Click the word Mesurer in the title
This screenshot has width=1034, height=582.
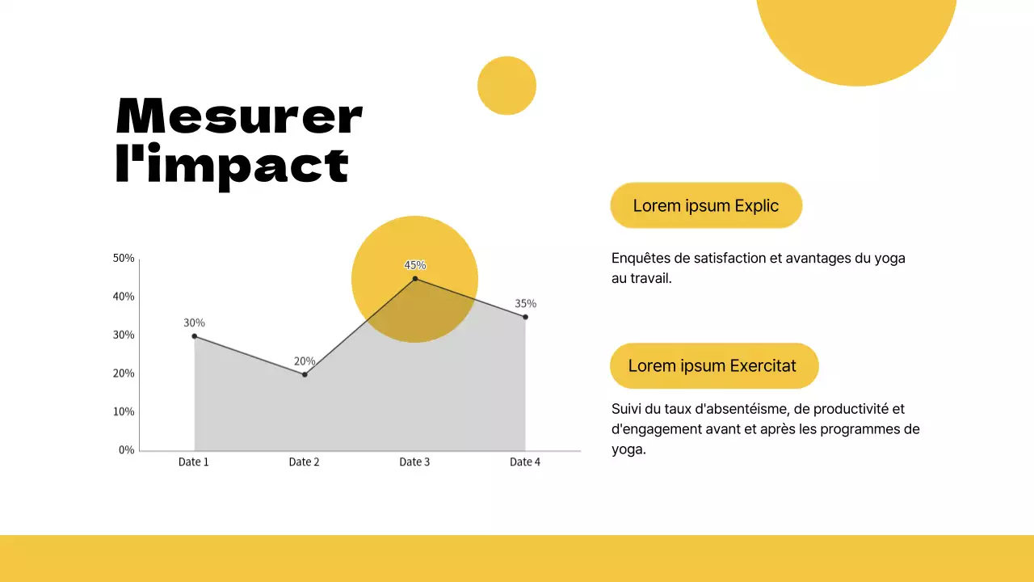pyautogui.click(x=239, y=116)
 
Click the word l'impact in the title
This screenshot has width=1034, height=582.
pyautogui.click(x=233, y=166)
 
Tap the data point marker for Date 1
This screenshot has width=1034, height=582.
pyautogui.click(x=195, y=335)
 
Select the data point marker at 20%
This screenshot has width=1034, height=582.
pyautogui.click(x=305, y=374)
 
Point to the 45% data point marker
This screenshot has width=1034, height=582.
pyautogui.click(x=415, y=279)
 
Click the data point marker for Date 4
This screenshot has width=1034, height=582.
pyautogui.click(x=525, y=317)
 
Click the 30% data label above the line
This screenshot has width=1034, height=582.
pyautogui.click(x=194, y=323)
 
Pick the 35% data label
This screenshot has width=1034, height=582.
pyautogui.click(x=525, y=304)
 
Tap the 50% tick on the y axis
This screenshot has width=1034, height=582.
pyautogui.click(x=124, y=259)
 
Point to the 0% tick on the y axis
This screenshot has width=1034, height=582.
pyautogui.click(x=126, y=450)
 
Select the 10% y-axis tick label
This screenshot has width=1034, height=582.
pyautogui.click(x=124, y=411)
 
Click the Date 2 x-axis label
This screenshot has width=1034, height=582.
pyautogui.click(x=304, y=462)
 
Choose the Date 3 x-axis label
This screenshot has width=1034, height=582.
pyautogui.click(x=414, y=462)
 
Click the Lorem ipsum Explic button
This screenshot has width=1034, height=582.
pyautogui.click(x=705, y=205)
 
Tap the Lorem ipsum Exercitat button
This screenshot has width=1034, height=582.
pyautogui.click(x=713, y=365)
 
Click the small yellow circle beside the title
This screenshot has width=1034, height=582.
pyautogui.click(x=506, y=86)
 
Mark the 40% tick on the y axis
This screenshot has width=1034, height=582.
pyautogui.click(x=124, y=297)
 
